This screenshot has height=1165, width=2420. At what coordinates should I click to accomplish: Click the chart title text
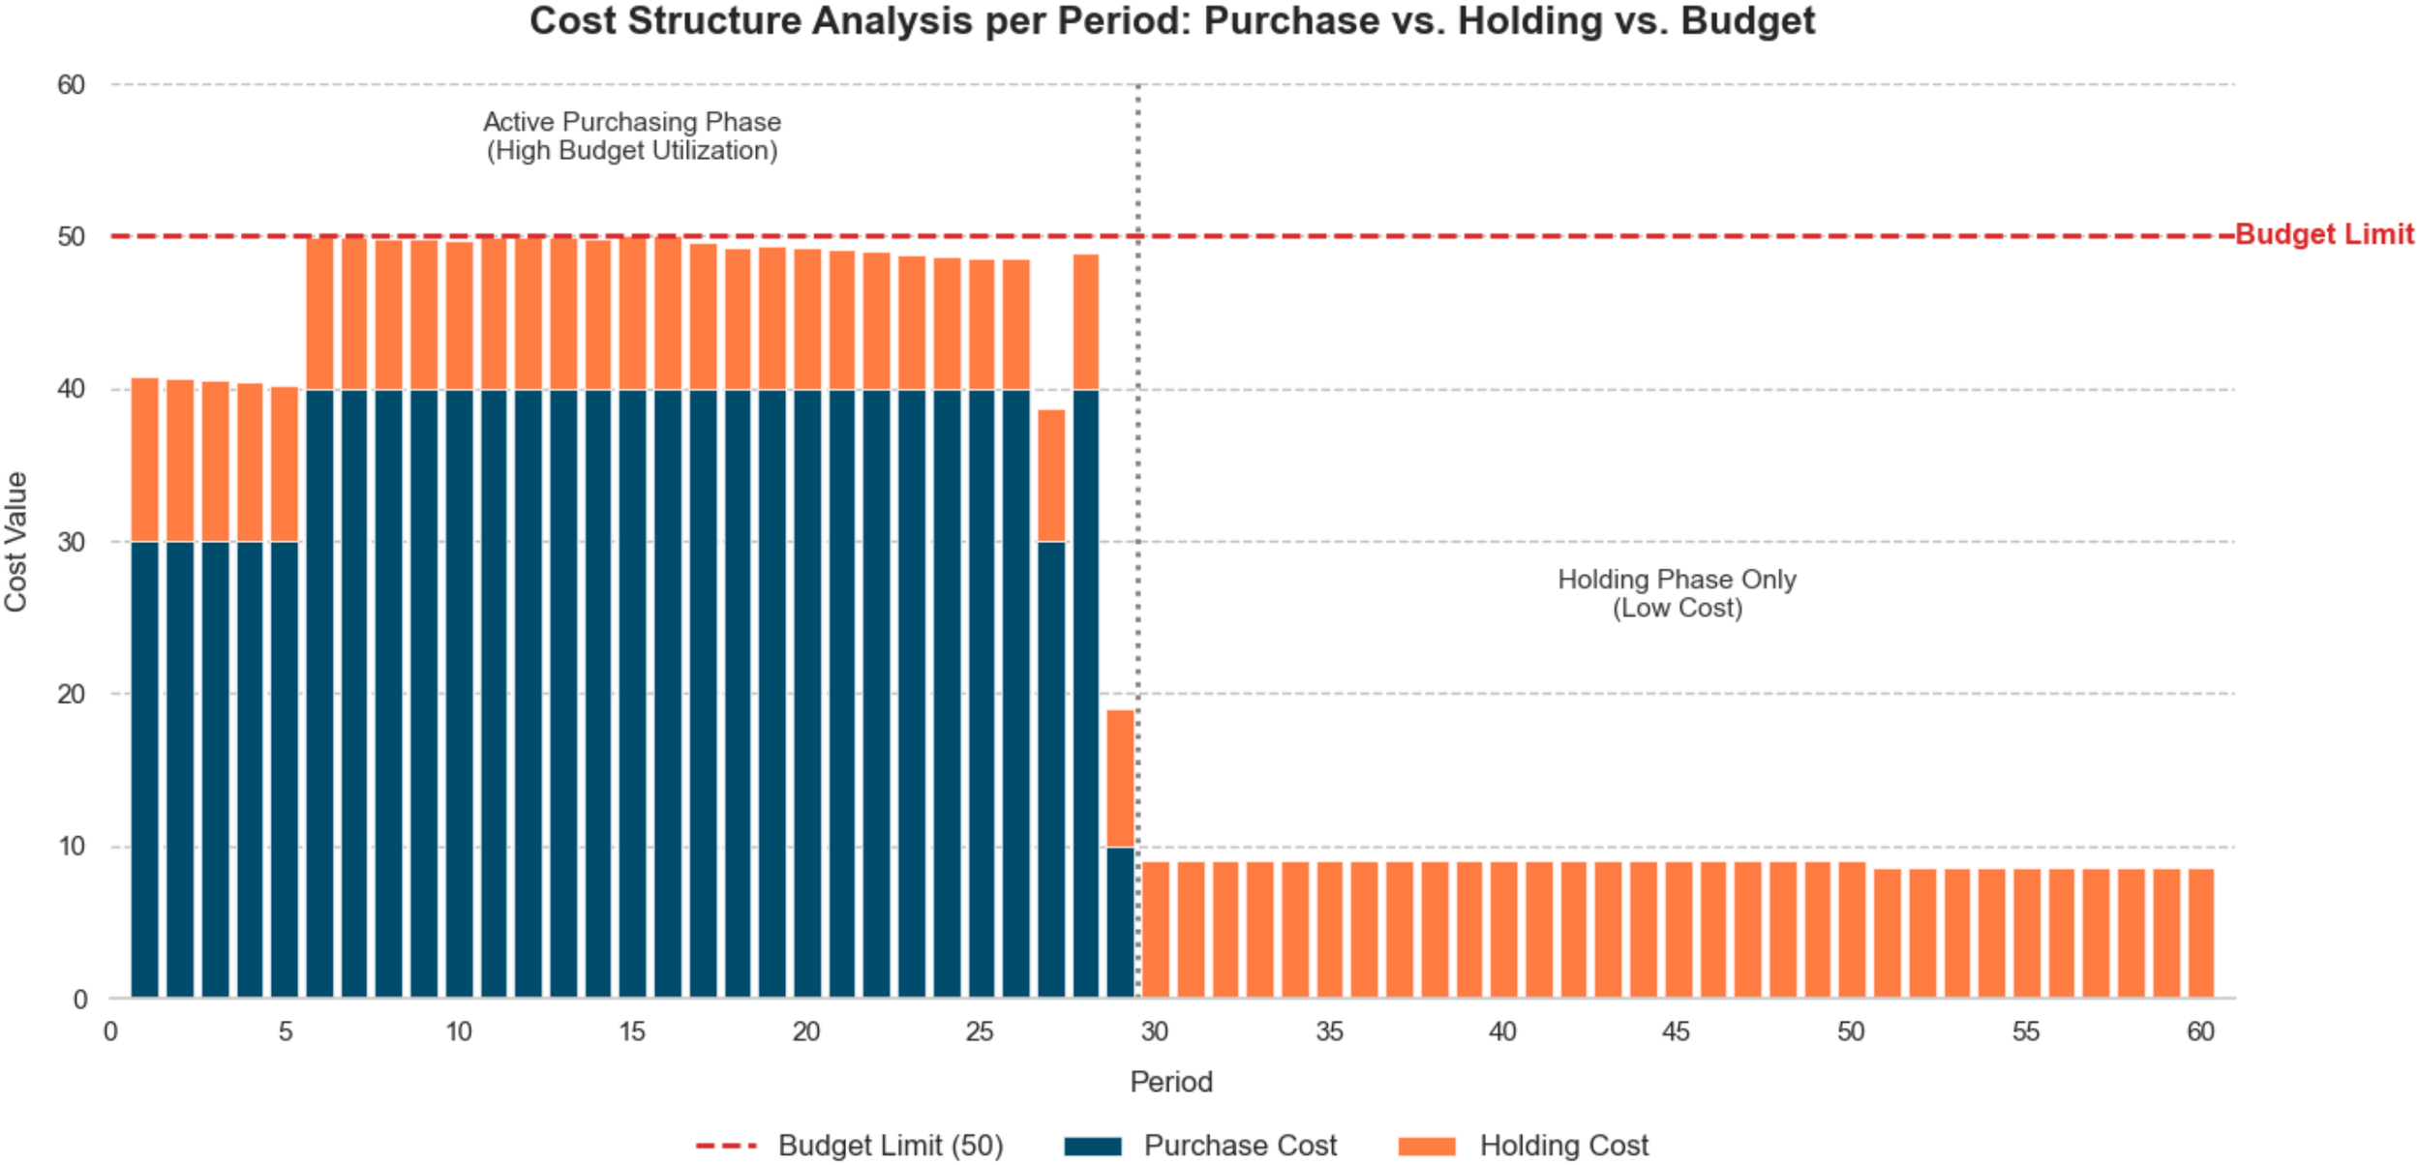[1171, 21]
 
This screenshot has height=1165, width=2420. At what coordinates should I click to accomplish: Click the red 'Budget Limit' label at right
[2323, 235]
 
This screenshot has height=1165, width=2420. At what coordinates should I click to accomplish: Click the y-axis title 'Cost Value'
[16, 542]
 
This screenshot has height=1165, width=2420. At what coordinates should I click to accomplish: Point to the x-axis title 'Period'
[1171, 1082]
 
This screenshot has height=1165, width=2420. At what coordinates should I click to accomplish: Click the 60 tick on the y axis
[71, 85]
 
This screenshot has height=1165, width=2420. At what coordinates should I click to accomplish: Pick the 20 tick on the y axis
[71, 695]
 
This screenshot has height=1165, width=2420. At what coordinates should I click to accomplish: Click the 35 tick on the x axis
[1329, 1032]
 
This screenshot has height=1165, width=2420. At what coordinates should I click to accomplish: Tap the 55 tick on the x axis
[2026, 1032]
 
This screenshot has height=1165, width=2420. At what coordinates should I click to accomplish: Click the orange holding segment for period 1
[145, 460]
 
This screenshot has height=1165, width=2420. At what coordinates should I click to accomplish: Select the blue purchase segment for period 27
[1051, 769]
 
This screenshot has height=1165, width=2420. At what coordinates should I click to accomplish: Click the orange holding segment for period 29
[1120, 779]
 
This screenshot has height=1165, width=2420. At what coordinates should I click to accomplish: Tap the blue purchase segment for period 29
[1120, 922]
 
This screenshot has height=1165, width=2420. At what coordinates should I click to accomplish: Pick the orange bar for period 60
[2200, 934]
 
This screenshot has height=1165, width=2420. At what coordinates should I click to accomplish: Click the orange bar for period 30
[1156, 929]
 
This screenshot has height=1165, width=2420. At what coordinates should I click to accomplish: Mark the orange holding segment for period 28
[1086, 322]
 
